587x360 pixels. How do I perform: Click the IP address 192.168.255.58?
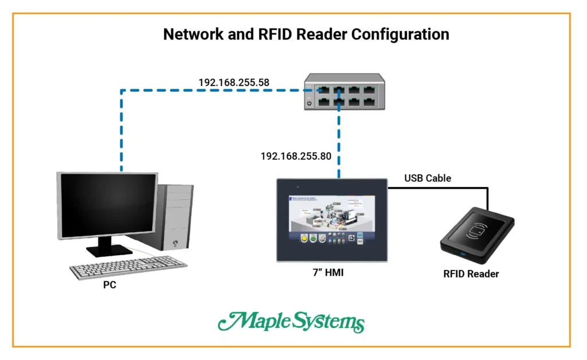click(x=234, y=83)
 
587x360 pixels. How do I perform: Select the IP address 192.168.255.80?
click(x=296, y=156)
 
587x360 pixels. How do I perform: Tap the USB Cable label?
click(x=427, y=178)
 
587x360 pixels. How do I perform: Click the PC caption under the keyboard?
click(x=109, y=285)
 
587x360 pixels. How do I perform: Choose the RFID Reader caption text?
click(x=471, y=274)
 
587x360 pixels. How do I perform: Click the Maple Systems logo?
click(x=291, y=322)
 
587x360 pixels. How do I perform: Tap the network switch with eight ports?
click(x=343, y=92)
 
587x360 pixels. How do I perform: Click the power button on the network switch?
click(x=310, y=104)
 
